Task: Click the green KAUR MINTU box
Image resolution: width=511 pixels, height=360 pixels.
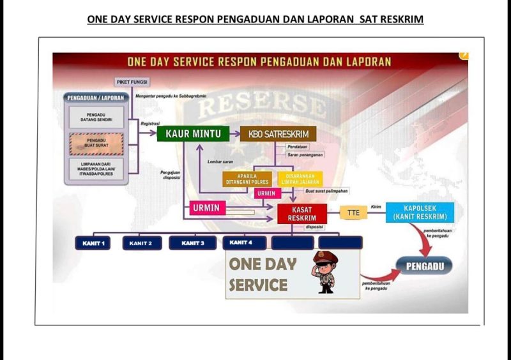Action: click(184, 134)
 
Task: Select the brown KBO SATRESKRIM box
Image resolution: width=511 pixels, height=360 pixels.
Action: click(278, 134)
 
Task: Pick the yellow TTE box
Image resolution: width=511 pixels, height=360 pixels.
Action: click(353, 213)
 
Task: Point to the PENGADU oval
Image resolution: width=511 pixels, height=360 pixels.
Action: click(424, 266)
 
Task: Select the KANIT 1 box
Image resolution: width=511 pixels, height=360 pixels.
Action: click(93, 243)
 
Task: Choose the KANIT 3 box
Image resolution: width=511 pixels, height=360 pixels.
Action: click(192, 243)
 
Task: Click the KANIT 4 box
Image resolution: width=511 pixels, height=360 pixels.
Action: click(244, 243)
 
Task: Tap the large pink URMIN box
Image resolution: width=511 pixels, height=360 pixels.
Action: click(206, 208)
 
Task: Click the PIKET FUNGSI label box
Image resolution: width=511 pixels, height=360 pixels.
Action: click(133, 82)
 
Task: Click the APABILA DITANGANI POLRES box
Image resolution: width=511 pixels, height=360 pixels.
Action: click(247, 179)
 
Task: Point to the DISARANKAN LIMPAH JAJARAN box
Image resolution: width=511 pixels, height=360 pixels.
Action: click(300, 179)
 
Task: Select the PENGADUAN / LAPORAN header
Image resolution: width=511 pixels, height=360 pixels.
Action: click(96, 98)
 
